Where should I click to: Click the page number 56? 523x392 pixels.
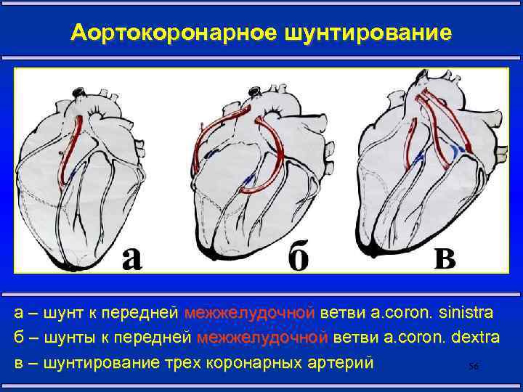click(x=474, y=367)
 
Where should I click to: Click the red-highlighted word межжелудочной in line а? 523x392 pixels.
click(x=249, y=313)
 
